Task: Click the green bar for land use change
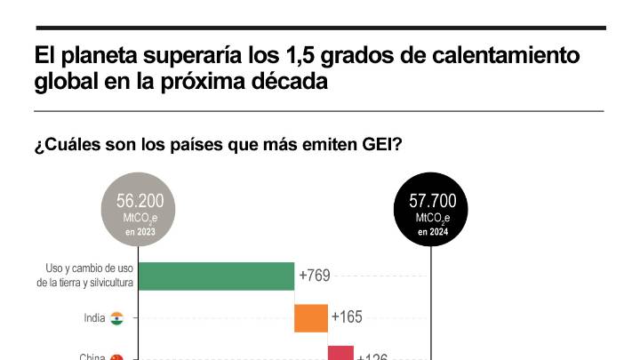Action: tap(217, 276)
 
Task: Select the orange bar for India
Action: tap(310, 317)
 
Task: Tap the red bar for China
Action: tap(340, 353)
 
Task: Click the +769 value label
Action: tap(315, 276)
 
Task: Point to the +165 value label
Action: tap(347, 316)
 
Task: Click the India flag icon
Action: tap(116, 317)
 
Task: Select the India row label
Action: tap(94, 317)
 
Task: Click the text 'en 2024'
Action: tap(433, 232)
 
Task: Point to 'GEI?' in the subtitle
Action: tap(380, 144)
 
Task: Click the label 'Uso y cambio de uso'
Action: tap(89, 268)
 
